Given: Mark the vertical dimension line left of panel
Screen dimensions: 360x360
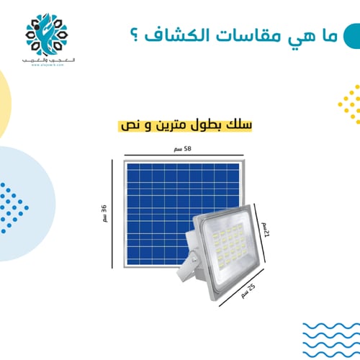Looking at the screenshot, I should click(112, 212).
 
